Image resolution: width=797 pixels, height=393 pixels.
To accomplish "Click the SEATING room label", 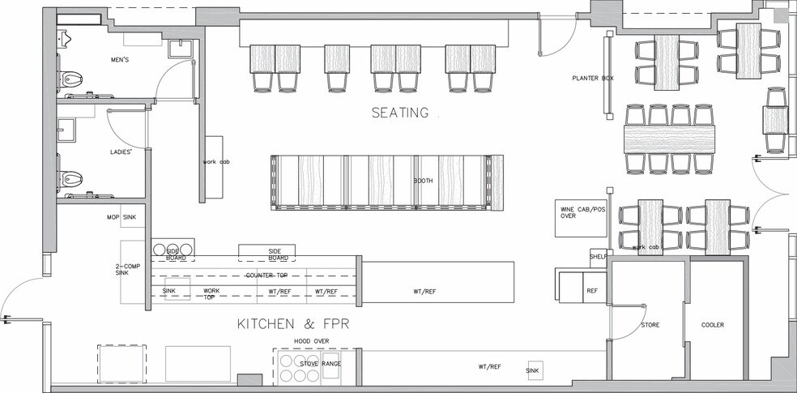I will click(x=399, y=113).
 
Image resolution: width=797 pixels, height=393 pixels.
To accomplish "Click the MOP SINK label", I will click(x=120, y=218).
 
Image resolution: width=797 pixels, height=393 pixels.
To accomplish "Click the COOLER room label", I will click(x=713, y=326).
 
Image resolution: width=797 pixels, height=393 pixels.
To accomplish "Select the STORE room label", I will click(x=650, y=326).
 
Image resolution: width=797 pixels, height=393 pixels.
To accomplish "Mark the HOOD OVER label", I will click(x=311, y=342).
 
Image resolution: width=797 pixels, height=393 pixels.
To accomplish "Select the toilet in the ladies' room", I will click(x=71, y=177).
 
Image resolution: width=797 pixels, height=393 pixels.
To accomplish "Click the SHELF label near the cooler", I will click(x=598, y=257).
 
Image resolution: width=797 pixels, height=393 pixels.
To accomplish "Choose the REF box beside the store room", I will click(x=592, y=289).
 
